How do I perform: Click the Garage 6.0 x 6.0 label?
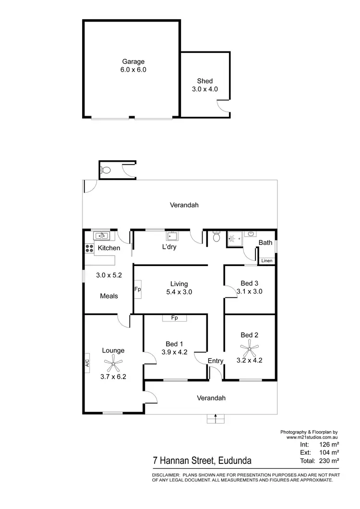(133, 65)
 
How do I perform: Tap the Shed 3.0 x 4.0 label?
(205, 85)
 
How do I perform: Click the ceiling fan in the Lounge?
(113, 363)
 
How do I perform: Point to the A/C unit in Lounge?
(87, 364)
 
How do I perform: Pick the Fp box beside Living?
(138, 290)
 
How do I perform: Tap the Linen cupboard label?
(267, 261)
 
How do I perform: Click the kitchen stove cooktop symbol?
(89, 248)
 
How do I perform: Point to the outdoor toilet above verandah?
(106, 170)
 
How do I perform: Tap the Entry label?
(215, 361)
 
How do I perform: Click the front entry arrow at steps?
(216, 416)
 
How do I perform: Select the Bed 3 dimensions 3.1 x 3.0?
(250, 291)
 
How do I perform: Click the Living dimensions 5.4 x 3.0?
(179, 291)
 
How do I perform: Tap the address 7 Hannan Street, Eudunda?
(202, 461)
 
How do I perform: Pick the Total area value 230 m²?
(330, 461)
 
